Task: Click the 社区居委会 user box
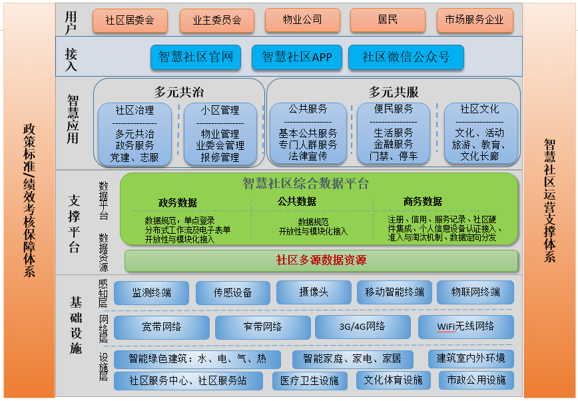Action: (131, 20)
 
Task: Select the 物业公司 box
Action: (302, 20)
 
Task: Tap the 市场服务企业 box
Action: (475, 20)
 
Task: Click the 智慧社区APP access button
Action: (297, 57)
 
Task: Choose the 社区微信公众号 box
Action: (406, 57)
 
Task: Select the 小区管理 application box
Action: (220, 133)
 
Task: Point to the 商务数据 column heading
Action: (422, 201)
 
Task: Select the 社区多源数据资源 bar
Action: (321, 260)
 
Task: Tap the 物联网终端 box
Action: (475, 292)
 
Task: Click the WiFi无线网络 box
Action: (465, 326)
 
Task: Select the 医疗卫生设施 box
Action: (309, 380)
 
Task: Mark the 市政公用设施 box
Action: (476, 380)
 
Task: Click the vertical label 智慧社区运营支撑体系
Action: (549, 200)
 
